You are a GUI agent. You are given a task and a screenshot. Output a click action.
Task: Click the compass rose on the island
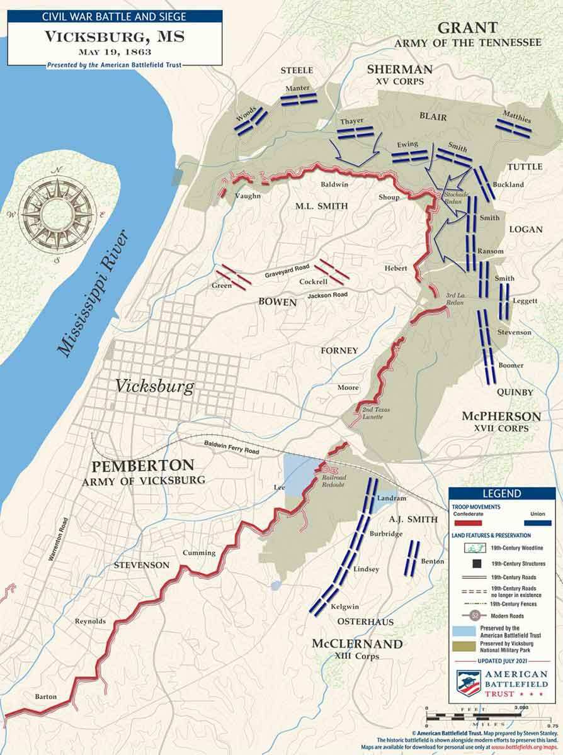point(57,213)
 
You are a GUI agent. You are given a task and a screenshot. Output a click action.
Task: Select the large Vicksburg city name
point(154,386)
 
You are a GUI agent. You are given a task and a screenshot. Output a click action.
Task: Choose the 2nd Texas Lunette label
point(376,413)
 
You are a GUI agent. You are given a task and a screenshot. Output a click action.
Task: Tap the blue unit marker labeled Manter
point(298,99)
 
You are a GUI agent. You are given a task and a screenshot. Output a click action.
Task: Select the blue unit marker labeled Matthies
point(513,127)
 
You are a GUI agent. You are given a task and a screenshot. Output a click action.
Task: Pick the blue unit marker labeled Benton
point(412,558)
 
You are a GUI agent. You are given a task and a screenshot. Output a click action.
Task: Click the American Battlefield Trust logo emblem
point(469,683)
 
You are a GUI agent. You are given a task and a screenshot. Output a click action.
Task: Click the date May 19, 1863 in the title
point(115,52)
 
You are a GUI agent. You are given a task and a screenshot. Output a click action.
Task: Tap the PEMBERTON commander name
point(142,466)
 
